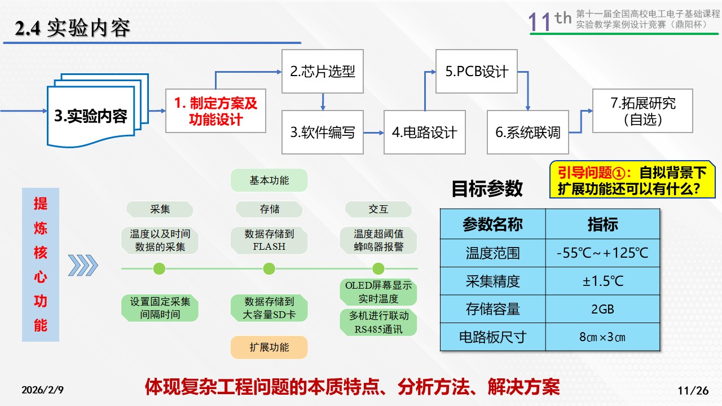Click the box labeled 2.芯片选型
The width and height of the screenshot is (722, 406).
(323, 71)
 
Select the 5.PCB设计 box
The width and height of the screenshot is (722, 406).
(477, 71)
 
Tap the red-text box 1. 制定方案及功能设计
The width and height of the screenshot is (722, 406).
(215, 111)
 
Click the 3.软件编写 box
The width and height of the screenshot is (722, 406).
(323, 133)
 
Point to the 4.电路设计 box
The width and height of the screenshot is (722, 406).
(425, 133)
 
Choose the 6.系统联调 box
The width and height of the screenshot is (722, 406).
(528, 133)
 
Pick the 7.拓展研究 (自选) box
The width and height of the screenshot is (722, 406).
(635, 111)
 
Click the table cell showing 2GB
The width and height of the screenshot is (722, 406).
(602, 309)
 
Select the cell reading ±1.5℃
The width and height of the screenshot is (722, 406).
(602, 281)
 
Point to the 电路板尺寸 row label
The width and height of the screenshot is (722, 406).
(492, 337)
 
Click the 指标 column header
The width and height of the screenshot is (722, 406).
(602, 224)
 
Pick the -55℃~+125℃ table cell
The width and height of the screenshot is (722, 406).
(602, 253)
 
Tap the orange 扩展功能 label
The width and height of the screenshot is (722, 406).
(269, 347)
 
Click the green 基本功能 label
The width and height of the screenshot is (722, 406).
(269, 180)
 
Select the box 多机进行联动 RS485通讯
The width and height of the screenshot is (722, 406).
(378, 322)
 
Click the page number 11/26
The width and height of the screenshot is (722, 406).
(692, 390)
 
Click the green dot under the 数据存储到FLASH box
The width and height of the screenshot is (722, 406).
(269, 269)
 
